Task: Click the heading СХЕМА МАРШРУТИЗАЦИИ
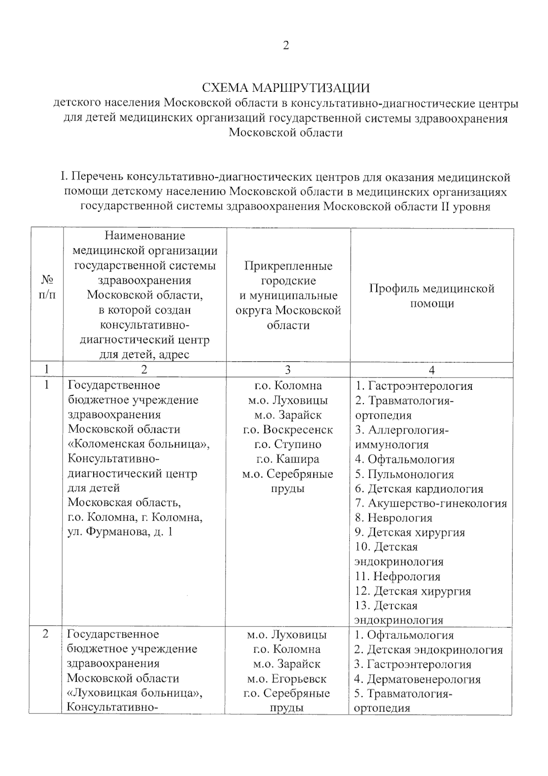(286, 87)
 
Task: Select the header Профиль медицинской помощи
(432, 296)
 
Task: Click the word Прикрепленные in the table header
(288, 266)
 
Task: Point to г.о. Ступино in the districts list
(288, 444)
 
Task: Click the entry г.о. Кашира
(288, 459)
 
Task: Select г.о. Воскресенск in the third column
(288, 430)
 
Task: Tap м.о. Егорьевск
(287, 679)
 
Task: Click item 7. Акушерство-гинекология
(431, 503)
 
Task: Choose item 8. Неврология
(394, 518)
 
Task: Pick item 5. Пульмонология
(405, 474)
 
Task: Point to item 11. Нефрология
(398, 576)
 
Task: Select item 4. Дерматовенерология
(417, 679)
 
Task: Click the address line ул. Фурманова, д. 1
(120, 532)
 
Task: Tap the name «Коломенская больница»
(139, 444)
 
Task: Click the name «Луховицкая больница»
(135, 693)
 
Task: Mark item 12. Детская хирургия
(413, 591)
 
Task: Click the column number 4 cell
(432, 370)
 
